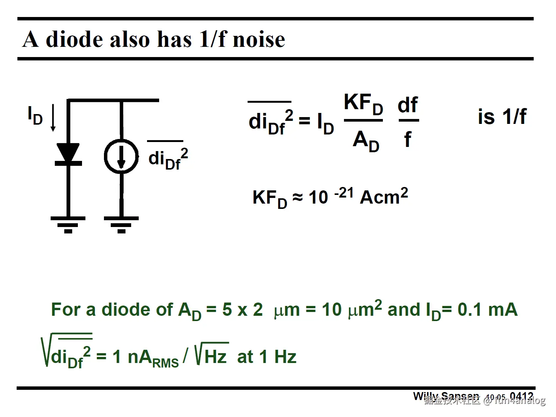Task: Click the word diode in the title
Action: pyautogui.click(x=74, y=39)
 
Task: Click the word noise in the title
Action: pyautogui.click(x=259, y=39)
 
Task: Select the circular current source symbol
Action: pyautogui.click(x=121, y=156)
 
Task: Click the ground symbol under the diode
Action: pyautogui.click(x=68, y=224)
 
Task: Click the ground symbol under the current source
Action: pyautogui.click(x=121, y=224)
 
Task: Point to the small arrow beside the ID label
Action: pyautogui.click(x=53, y=118)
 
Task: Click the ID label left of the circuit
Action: pyautogui.click(x=35, y=116)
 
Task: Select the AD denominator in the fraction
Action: pyautogui.click(x=366, y=141)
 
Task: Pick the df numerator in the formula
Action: pyautogui.click(x=408, y=105)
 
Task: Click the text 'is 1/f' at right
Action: pyautogui.click(x=502, y=116)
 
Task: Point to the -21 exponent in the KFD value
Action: pyautogui.click(x=344, y=193)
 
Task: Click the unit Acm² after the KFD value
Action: pyautogui.click(x=384, y=197)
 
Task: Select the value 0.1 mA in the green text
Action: pyautogui.click(x=487, y=310)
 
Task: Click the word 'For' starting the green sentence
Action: pyautogui.click(x=66, y=310)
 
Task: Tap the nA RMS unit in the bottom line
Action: pyautogui.click(x=153, y=358)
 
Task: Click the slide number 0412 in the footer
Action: pyautogui.click(x=521, y=397)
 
